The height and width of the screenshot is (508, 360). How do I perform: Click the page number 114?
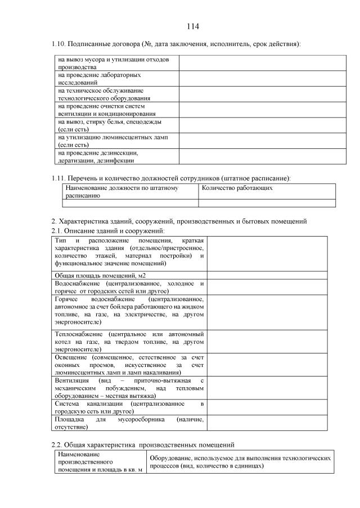tap(193, 26)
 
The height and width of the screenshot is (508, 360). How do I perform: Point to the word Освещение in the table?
tap(70, 357)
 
